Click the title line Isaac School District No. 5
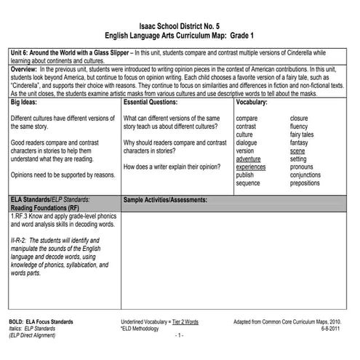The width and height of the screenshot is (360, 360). click(x=180, y=25)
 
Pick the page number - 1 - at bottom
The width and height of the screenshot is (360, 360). click(x=179, y=336)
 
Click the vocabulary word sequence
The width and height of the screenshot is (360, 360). click(x=249, y=183)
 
